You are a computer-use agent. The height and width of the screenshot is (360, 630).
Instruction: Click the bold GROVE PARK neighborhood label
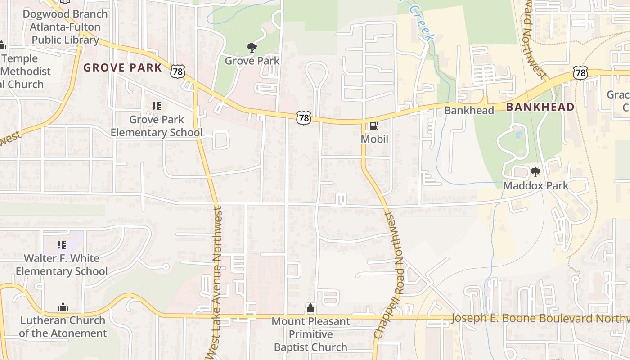[122, 68]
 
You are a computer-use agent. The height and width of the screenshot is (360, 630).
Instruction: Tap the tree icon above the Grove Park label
[252, 47]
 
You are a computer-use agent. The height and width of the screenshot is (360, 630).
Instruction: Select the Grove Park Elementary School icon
[156, 106]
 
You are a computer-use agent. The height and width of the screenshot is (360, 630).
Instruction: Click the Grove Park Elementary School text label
[157, 126]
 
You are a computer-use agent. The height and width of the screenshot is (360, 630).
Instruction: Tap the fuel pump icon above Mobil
[374, 126]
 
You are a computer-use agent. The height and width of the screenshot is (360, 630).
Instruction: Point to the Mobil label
[374, 139]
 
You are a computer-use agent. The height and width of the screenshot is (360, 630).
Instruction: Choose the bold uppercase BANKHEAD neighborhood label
[540, 107]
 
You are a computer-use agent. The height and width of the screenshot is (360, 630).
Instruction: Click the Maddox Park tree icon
[535, 172]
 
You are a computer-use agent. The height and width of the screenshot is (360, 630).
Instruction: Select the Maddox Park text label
[535, 185]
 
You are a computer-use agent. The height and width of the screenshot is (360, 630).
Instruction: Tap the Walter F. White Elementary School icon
[62, 245]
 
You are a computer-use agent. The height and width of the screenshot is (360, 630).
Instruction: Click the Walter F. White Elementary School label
[62, 265]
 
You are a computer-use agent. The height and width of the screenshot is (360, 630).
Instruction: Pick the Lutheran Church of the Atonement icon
[63, 307]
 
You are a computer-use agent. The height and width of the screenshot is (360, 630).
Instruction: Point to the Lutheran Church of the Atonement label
[63, 327]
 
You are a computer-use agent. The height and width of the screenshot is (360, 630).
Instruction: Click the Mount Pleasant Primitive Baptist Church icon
[310, 308]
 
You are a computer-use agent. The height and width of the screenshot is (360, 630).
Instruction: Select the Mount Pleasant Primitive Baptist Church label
[311, 334]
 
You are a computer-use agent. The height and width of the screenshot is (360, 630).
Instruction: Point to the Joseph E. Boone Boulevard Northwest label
[540, 319]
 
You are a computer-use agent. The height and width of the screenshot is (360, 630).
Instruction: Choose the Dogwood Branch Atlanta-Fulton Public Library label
[65, 27]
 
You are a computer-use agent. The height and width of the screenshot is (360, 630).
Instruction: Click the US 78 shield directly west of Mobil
[304, 118]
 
